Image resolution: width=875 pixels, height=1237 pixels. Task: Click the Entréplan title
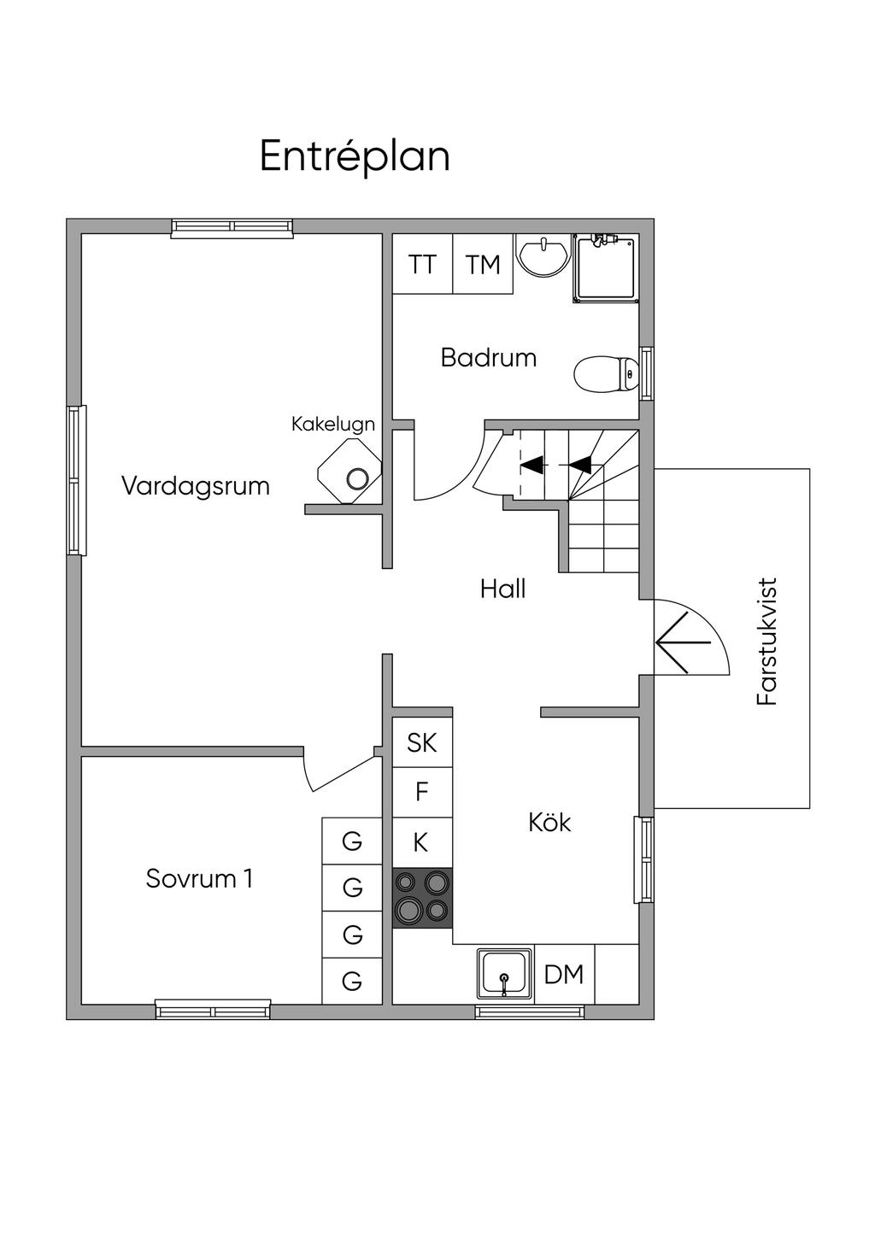point(355,156)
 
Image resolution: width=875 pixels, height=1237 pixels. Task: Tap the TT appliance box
point(422,264)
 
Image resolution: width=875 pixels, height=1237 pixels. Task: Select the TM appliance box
point(483,264)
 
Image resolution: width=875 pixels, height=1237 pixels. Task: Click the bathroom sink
point(543,255)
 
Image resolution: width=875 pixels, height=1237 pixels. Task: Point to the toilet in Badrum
point(606,373)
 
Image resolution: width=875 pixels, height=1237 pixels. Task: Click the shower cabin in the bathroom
point(606,267)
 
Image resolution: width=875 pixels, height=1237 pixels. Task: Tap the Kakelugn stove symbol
point(349,472)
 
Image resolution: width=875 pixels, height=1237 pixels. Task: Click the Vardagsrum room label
point(196,486)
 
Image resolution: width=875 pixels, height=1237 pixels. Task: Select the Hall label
point(502,589)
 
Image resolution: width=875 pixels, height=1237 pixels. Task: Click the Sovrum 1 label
point(199,878)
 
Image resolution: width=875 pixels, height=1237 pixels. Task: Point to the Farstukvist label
point(767,642)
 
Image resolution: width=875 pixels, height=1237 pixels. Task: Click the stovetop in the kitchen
point(422,898)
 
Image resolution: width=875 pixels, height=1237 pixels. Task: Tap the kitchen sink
point(505,974)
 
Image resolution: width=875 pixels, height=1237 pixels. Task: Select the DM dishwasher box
point(564,974)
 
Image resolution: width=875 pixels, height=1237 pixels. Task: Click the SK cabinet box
point(422,743)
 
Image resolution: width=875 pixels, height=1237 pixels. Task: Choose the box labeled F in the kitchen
point(422,793)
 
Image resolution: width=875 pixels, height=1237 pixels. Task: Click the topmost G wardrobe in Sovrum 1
point(352,841)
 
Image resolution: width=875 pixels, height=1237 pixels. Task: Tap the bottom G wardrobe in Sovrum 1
point(352,981)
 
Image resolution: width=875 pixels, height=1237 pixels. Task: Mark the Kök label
point(549,823)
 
